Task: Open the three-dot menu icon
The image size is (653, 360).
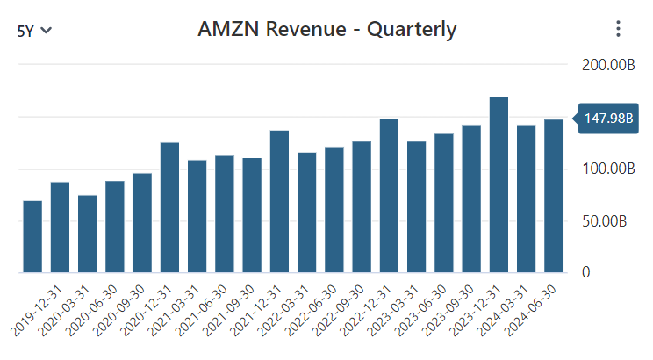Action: (x=618, y=29)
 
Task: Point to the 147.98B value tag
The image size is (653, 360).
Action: (x=605, y=119)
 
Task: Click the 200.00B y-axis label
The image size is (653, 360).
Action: (x=607, y=66)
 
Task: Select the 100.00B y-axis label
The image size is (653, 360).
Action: (x=607, y=169)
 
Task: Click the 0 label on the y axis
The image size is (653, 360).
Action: (x=585, y=272)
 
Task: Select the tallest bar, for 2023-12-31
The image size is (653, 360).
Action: (x=499, y=184)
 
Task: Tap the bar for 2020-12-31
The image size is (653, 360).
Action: (x=169, y=207)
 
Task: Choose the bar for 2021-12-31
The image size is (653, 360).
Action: (x=279, y=201)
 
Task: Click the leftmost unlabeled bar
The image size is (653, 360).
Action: (x=32, y=237)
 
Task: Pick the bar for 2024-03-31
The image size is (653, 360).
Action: (x=527, y=198)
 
